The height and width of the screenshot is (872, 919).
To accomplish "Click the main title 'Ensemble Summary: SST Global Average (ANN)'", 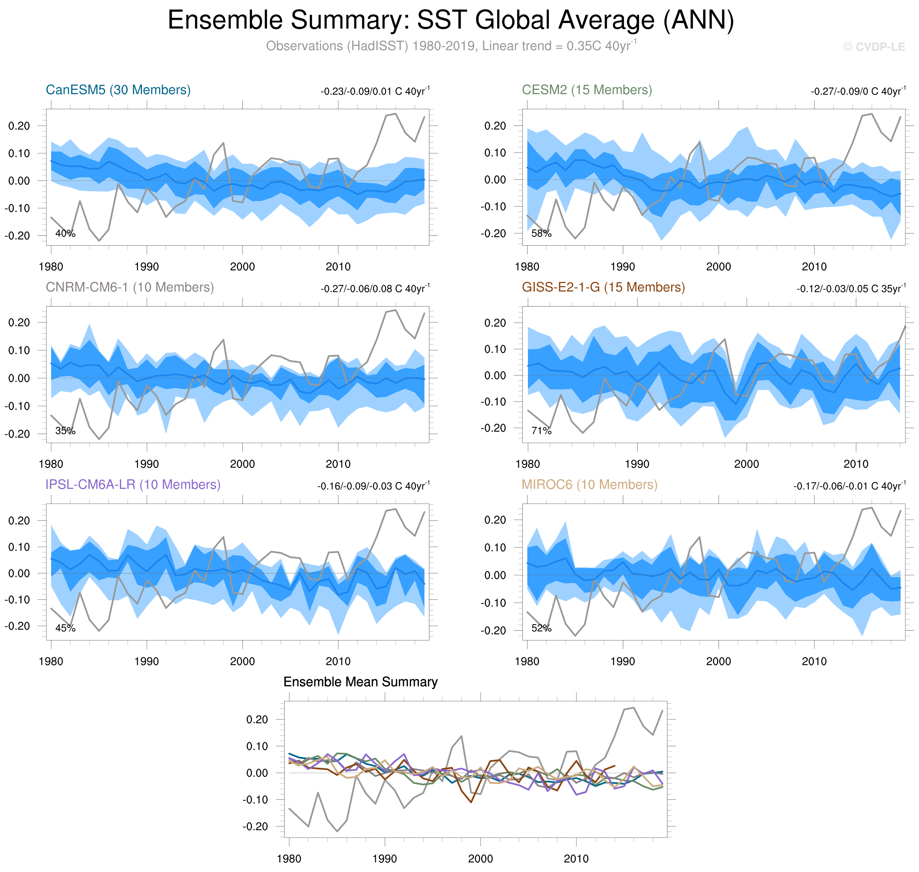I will tap(450, 21).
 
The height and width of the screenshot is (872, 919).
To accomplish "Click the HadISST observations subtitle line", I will tap(450, 46).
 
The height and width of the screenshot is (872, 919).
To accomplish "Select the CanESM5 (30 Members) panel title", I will tap(118, 90).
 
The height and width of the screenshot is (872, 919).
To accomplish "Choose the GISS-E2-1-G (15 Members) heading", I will tap(603, 287).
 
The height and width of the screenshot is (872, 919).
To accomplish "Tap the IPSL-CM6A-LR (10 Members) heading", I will tap(133, 484).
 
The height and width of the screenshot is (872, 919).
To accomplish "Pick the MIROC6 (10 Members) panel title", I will tap(589, 484).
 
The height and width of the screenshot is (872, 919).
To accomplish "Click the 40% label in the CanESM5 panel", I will tap(65, 233).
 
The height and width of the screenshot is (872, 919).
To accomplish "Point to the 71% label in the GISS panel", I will tap(541, 431).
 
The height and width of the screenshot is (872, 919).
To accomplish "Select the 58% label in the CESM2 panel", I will tap(541, 233).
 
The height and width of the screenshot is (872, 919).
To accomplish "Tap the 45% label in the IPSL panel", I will tap(65, 628).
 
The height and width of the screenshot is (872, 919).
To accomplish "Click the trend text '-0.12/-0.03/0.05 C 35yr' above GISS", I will tap(851, 288).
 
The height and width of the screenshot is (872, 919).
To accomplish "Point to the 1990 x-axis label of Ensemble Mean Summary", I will tap(384, 858).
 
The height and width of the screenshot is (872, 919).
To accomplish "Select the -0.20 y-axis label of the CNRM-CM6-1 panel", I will tap(17, 434).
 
